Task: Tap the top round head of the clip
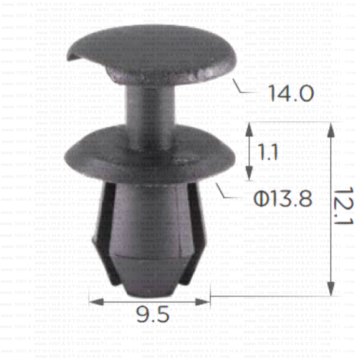[x=151, y=53]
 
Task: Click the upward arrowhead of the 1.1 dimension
[x=249, y=129]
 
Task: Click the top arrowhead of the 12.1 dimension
[x=332, y=130]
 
